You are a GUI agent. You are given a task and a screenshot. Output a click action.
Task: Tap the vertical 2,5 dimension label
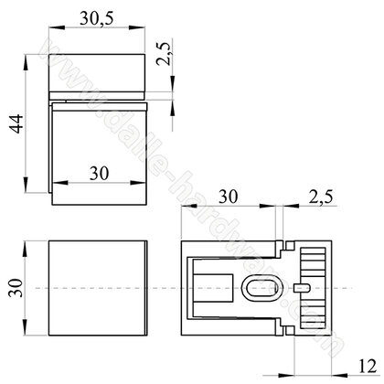tap(163, 69)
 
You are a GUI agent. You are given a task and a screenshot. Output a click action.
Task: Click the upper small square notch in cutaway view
tap(284, 245)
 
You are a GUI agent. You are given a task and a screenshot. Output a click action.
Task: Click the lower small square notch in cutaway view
tap(284, 332)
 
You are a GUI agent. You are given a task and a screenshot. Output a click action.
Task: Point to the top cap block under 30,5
tap(97, 74)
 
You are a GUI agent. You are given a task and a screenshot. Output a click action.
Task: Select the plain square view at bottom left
tap(96, 288)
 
